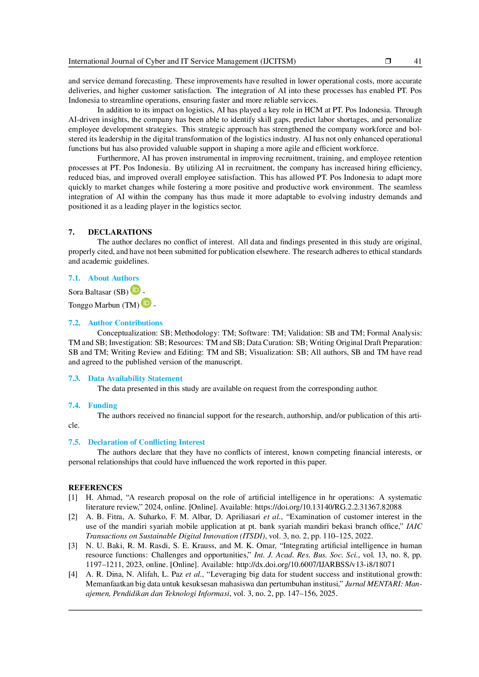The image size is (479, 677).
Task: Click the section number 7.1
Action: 74,278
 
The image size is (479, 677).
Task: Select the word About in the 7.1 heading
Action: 97,278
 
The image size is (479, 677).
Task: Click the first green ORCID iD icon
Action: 136,289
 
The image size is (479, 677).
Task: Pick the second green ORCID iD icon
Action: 146,303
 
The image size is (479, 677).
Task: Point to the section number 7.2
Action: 74,323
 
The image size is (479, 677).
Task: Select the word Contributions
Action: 139,323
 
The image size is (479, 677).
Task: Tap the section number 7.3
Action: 74,379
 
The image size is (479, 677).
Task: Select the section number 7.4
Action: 74,406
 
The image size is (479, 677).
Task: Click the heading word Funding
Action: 102,406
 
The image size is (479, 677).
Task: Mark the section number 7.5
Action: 74,442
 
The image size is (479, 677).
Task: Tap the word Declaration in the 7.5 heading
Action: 107,442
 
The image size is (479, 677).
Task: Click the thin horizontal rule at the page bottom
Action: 245,610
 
